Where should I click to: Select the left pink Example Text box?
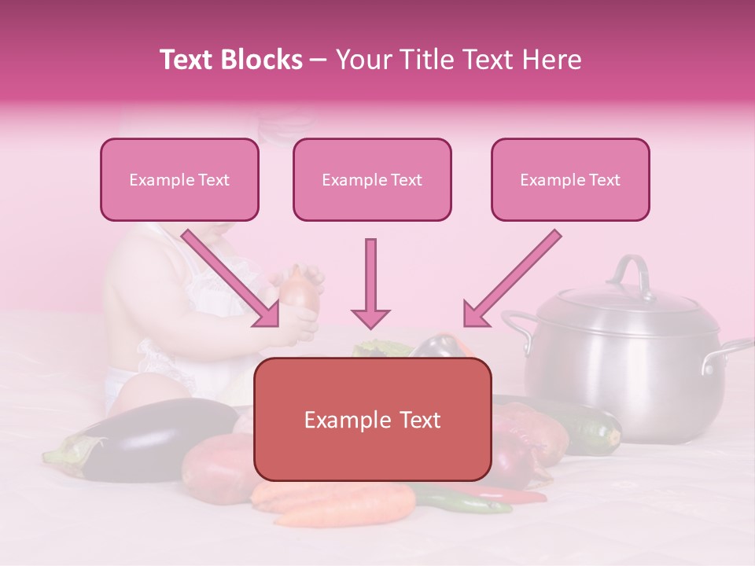179,180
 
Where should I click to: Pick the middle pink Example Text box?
372,180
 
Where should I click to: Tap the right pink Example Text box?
570,180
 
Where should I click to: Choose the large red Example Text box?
373,420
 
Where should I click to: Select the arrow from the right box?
511,279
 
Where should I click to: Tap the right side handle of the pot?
728,354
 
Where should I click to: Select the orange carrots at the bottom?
338,503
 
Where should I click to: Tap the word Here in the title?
555,60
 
